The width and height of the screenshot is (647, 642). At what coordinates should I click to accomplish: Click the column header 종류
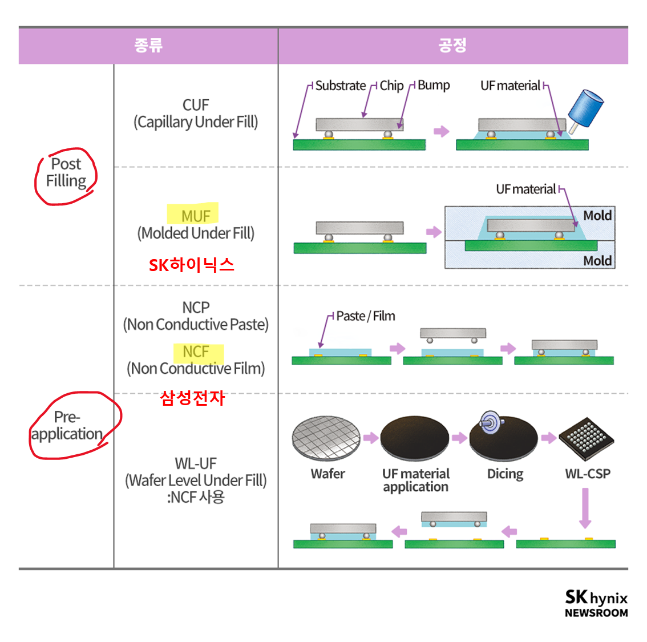pyautogui.click(x=148, y=45)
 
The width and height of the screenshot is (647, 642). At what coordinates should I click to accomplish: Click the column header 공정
pyautogui.click(x=452, y=45)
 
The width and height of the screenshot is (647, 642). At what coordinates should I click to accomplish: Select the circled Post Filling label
pyautogui.click(x=66, y=172)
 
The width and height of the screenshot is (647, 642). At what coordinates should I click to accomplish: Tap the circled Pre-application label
pyautogui.click(x=67, y=426)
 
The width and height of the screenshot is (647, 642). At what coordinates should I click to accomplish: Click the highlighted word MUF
pyautogui.click(x=195, y=216)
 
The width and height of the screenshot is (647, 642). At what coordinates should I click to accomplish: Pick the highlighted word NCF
pyautogui.click(x=196, y=352)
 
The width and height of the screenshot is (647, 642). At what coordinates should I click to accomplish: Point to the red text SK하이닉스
pyautogui.click(x=192, y=265)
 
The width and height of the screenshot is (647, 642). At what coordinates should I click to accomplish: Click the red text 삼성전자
pyautogui.click(x=192, y=397)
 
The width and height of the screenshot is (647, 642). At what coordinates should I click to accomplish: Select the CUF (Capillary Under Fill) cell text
pyautogui.click(x=196, y=114)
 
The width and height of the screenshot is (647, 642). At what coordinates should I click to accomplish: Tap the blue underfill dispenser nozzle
pyautogui.click(x=586, y=110)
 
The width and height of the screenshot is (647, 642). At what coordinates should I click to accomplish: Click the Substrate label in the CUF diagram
pyautogui.click(x=340, y=86)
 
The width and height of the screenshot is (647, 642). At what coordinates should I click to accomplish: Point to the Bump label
pyautogui.click(x=434, y=85)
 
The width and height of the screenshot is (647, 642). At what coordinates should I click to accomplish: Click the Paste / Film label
pyautogui.click(x=365, y=316)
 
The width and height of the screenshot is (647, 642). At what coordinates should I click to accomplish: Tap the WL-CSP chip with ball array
pyautogui.click(x=587, y=438)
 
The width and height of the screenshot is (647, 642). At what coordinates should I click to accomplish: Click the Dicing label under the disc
pyautogui.click(x=505, y=474)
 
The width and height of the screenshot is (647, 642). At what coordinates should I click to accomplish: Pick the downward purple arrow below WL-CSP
pyautogui.click(x=585, y=508)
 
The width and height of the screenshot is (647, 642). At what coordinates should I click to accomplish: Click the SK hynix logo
pyautogui.click(x=596, y=598)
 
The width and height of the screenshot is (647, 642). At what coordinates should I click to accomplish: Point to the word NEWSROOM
pyautogui.click(x=596, y=613)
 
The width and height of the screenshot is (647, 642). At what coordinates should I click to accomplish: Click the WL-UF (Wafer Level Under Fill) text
pyautogui.click(x=196, y=472)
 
